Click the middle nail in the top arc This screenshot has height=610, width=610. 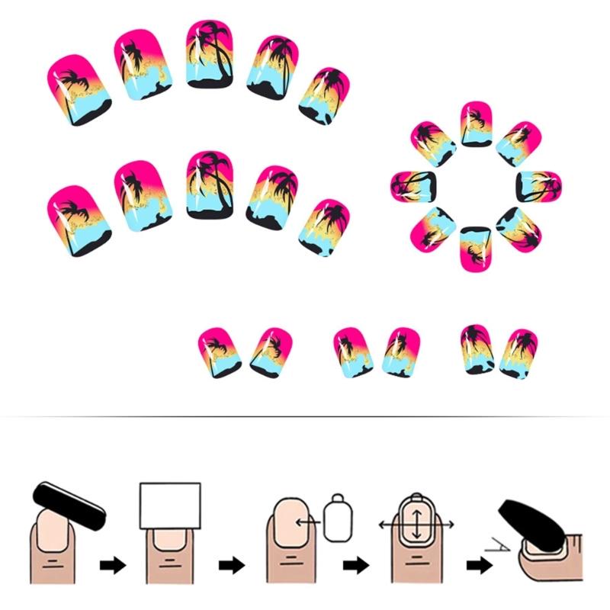(x=210, y=54)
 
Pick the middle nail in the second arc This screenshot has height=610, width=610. (x=209, y=185)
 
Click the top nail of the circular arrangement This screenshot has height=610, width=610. (x=477, y=124)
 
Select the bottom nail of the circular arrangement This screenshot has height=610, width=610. (x=476, y=249)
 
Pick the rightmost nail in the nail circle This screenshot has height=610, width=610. (x=538, y=187)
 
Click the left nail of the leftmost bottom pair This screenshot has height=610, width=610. (x=219, y=352)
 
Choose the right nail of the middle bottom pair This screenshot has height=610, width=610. (x=401, y=352)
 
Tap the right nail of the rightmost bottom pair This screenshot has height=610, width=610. (x=518, y=353)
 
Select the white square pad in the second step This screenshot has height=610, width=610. (x=170, y=506)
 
